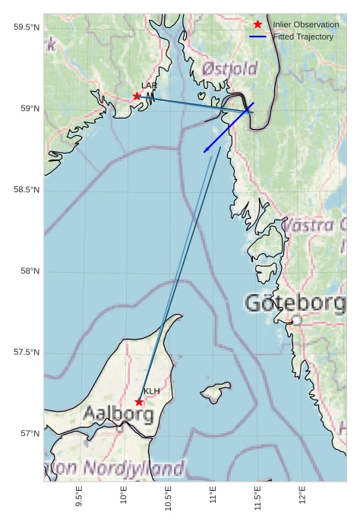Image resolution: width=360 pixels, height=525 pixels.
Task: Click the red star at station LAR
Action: (x=137, y=96)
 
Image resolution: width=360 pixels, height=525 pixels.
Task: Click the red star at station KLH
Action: (x=139, y=402)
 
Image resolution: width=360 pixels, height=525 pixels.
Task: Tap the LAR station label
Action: (x=149, y=86)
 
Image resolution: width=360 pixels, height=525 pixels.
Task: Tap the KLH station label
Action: (x=152, y=391)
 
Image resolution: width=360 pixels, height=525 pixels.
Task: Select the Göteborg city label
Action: (x=295, y=303)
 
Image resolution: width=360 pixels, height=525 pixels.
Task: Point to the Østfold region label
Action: (x=229, y=69)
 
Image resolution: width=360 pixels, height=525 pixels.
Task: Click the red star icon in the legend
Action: (x=257, y=25)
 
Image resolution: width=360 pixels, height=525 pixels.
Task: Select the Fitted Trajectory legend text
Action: (x=303, y=36)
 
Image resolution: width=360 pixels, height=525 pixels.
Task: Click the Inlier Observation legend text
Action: (x=305, y=25)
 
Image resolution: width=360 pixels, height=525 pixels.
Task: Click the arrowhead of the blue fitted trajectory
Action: (x=205, y=151)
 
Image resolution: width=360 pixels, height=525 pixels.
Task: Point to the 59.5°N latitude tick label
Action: (x=27, y=27)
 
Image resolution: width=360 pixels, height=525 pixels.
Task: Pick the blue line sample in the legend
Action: (x=257, y=36)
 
